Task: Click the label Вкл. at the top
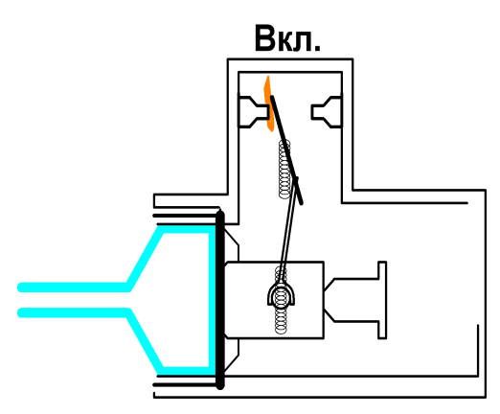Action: click(x=287, y=38)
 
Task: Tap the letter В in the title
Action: click(x=265, y=38)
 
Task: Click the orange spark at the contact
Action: click(x=268, y=103)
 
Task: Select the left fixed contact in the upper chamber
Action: click(x=252, y=112)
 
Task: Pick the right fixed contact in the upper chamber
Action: click(x=327, y=112)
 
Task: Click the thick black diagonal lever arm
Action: click(x=286, y=149)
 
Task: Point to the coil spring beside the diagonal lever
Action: click(x=284, y=170)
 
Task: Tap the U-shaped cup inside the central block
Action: click(x=281, y=293)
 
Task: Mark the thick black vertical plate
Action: click(x=220, y=299)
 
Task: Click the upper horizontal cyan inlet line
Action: click(x=74, y=287)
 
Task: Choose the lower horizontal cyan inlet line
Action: click(x=74, y=312)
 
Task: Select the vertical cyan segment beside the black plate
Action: click(x=212, y=300)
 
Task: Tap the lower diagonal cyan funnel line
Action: click(x=145, y=342)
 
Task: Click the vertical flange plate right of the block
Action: click(x=382, y=300)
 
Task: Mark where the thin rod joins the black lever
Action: click(x=297, y=179)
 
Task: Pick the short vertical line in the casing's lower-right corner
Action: click(x=478, y=350)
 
